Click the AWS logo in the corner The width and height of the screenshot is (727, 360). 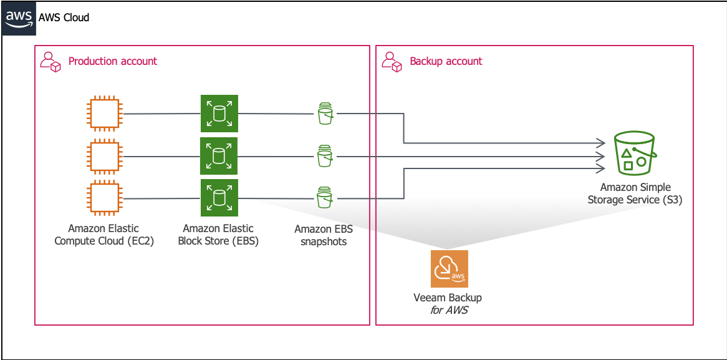pos(19,18)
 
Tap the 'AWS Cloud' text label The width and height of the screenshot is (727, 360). pos(64,18)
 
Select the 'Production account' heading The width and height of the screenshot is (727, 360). pos(113,61)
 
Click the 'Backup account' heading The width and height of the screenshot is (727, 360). pos(446,61)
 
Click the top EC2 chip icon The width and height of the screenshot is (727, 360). pos(105,113)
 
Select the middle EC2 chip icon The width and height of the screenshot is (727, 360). pos(105,157)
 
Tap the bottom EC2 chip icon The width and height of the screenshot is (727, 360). pos(105,198)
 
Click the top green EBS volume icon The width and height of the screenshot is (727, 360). pos(219,114)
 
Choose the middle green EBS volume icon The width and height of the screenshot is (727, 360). pos(219,156)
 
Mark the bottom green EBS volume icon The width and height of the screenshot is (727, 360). pos(219,198)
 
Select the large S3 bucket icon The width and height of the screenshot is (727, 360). pos(634,153)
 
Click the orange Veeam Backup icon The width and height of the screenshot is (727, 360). pos(450,269)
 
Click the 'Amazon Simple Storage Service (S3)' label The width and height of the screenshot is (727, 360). pos(634,194)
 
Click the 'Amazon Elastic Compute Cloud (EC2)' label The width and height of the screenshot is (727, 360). pos(104,235)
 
